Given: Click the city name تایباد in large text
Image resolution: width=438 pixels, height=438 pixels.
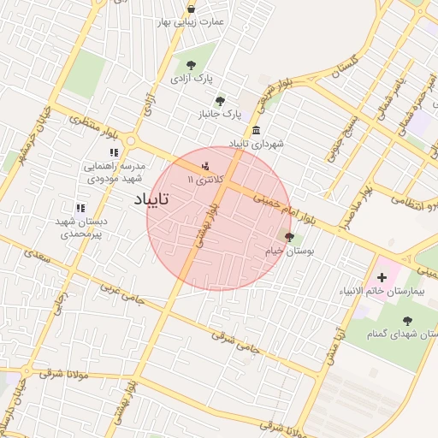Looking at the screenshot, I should (153, 199).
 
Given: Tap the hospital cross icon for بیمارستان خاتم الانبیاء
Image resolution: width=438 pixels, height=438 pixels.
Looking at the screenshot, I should (382, 277).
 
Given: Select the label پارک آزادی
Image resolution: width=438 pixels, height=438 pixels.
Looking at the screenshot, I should (191, 79).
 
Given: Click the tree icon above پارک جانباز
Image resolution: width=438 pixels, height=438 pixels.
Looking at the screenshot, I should (220, 100).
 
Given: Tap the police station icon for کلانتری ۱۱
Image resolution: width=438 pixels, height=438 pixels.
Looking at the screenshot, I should (204, 166).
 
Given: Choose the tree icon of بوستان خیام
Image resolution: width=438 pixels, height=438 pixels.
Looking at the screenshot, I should (289, 237).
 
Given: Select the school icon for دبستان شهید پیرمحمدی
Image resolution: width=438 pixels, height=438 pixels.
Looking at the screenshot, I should (80, 208).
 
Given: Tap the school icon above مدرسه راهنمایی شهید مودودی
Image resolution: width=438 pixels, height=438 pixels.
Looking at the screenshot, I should (114, 152).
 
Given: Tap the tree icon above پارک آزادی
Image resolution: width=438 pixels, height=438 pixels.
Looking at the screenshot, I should (191, 65).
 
